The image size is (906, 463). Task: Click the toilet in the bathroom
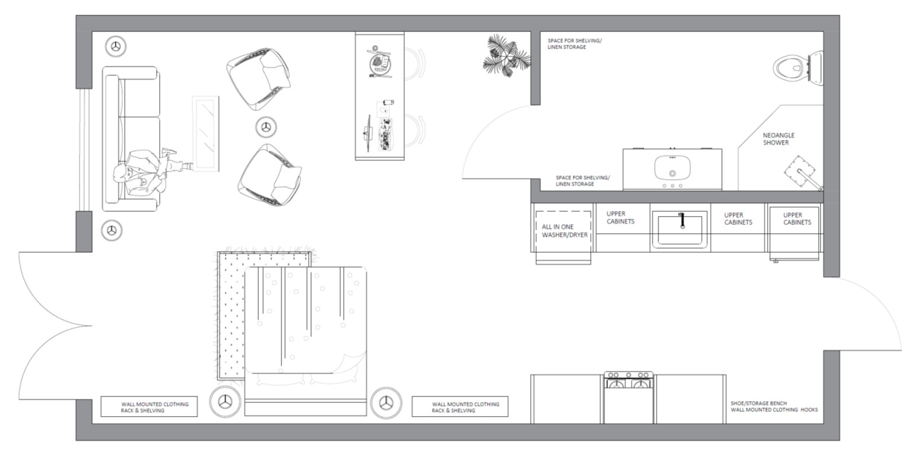click(x=797, y=68)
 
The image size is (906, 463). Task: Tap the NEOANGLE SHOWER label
click(x=778, y=139)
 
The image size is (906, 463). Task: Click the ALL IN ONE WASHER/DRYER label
click(x=564, y=230)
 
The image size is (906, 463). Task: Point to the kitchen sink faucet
click(x=682, y=220)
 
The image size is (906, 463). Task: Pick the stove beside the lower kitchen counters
click(x=629, y=398)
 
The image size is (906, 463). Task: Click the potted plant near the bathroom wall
click(x=506, y=56)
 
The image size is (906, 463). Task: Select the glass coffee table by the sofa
click(x=206, y=134)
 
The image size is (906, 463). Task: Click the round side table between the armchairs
click(x=266, y=128)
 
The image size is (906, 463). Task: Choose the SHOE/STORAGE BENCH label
click(x=758, y=403)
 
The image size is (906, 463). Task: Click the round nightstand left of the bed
click(x=225, y=402)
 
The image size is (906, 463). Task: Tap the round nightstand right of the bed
click(x=386, y=402)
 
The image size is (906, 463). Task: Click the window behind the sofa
click(x=84, y=150)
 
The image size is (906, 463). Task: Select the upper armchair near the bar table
click(x=258, y=78)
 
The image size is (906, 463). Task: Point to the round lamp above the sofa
click(x=116, y=46)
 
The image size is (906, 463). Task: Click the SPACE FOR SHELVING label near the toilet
click(x=574, y=44)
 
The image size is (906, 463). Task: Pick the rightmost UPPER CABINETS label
click(x=797, y=219)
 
